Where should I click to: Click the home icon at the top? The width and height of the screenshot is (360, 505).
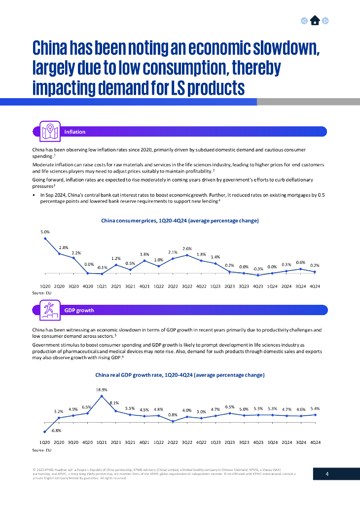(315, 20)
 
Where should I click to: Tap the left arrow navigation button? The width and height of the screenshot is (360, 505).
(304, 21)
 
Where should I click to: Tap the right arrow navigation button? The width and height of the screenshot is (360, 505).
(325, 21)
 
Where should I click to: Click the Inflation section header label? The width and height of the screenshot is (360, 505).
(75, 132)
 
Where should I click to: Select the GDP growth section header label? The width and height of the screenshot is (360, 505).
(79, 310)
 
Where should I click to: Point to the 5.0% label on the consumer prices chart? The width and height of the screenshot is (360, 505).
(45, 231)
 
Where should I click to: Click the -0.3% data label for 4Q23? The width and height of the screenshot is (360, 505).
(258, 269)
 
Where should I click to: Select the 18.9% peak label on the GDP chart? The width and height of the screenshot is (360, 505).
(102, 389)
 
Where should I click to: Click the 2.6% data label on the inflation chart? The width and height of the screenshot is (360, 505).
(187, 248)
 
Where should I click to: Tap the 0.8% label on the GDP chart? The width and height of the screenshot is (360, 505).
(173, 414)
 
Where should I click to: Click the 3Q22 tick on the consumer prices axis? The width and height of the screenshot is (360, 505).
(187, 286)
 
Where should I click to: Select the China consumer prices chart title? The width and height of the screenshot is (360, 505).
(180, 220)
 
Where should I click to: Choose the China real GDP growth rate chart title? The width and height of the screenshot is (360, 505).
(180, 375)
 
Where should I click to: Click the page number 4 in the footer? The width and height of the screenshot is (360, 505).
(327, 474)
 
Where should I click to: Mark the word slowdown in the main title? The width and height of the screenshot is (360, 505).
(276, 48)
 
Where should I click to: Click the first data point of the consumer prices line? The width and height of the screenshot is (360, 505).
(45, 238)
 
